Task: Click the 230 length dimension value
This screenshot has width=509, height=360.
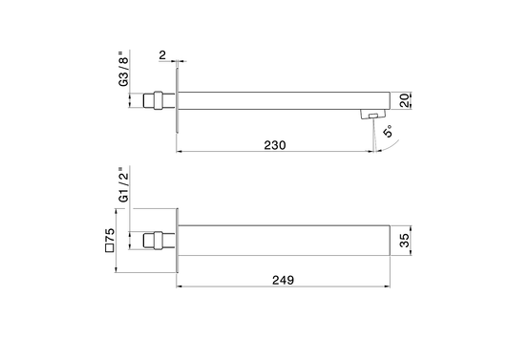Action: click(275, 145)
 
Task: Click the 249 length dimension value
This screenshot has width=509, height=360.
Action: click(283, 280)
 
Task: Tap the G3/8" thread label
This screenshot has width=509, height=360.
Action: click(123, 69)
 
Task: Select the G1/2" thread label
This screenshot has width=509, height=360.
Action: click(123, 184)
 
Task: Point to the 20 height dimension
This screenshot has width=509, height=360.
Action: click(405, 100)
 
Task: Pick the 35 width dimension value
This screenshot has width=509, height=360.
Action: click(405, 241)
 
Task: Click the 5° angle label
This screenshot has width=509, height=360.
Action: click(388, 131)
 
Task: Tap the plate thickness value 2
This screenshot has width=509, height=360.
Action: click(162, 54)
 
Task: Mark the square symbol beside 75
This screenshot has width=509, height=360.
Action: click(110, 248)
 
